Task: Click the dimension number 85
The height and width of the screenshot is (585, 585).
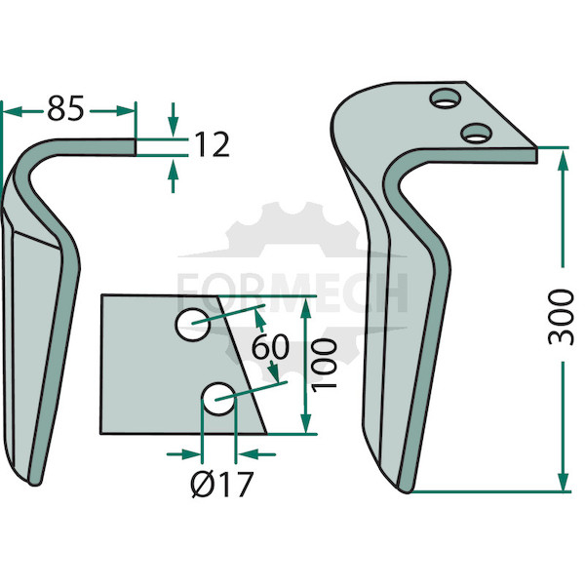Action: click(x=65, y=108)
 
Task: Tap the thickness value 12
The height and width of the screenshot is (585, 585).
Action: click(x=212, y=144)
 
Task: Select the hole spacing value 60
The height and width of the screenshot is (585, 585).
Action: click(x=270, y=346)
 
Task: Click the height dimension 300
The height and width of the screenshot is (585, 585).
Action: click(x=561, y=318)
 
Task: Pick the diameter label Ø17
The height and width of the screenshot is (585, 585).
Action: click(x=222, y=485)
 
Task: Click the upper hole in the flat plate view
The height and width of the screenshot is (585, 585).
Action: click(x=192, y=325)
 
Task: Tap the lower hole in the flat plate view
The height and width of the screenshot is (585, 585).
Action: click(x=218, y=399)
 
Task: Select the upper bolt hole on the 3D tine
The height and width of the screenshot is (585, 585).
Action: click(x=446, y=98)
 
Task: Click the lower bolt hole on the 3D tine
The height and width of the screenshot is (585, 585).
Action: click(x=476, y=133)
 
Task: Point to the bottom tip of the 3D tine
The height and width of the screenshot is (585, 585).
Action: click(x=407, y=492)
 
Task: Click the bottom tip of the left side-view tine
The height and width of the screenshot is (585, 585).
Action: click(x=34, y=484)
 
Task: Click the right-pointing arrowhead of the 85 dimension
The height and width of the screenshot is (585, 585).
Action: click(x=124, y=111)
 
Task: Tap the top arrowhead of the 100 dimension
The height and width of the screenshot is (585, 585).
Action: click(x=305, y=308)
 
